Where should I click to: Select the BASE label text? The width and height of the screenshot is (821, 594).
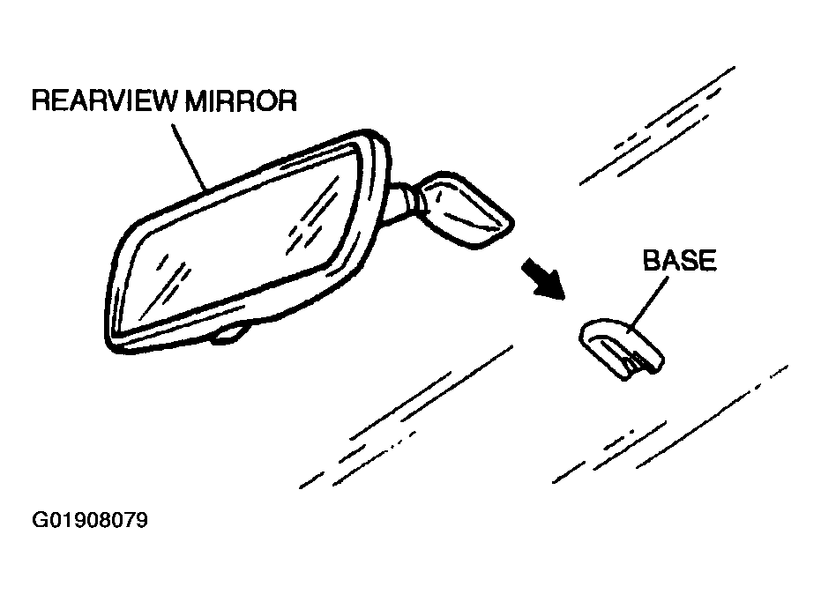(679, 262)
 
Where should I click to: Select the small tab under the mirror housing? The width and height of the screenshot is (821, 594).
(231, 334)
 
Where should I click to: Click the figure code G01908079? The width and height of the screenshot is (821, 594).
(90, 521)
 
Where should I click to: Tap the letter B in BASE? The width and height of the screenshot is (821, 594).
(652, 262)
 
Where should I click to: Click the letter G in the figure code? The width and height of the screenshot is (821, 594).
(40, 521)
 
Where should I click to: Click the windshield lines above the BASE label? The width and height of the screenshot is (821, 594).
(657, 128)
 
